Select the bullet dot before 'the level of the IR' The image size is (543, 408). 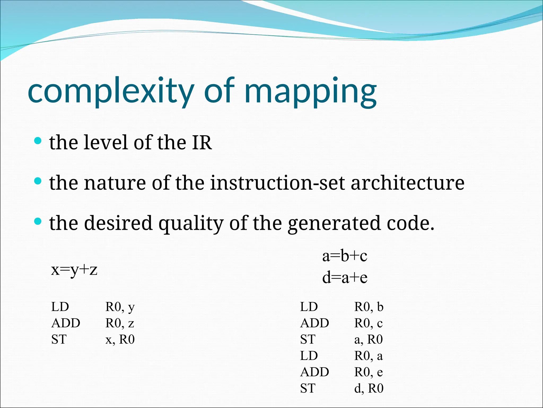click(38, 141)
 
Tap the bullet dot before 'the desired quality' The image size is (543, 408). click(38, 221)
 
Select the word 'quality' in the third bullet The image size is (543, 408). click(191, 223)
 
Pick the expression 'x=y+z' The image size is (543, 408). click(74, 270)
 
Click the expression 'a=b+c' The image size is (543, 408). click(345, 256)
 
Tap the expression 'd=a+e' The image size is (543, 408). click(345, 278)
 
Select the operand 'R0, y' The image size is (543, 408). click(120, 307)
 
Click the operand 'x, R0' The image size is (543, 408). click(120, 339)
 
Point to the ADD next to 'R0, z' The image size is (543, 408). click(66, 323)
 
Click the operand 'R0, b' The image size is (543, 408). click(369, 307)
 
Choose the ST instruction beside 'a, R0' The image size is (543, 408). click(308, 339)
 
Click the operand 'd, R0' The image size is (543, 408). click(369, 388)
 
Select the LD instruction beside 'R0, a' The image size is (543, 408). click(309, 356)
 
